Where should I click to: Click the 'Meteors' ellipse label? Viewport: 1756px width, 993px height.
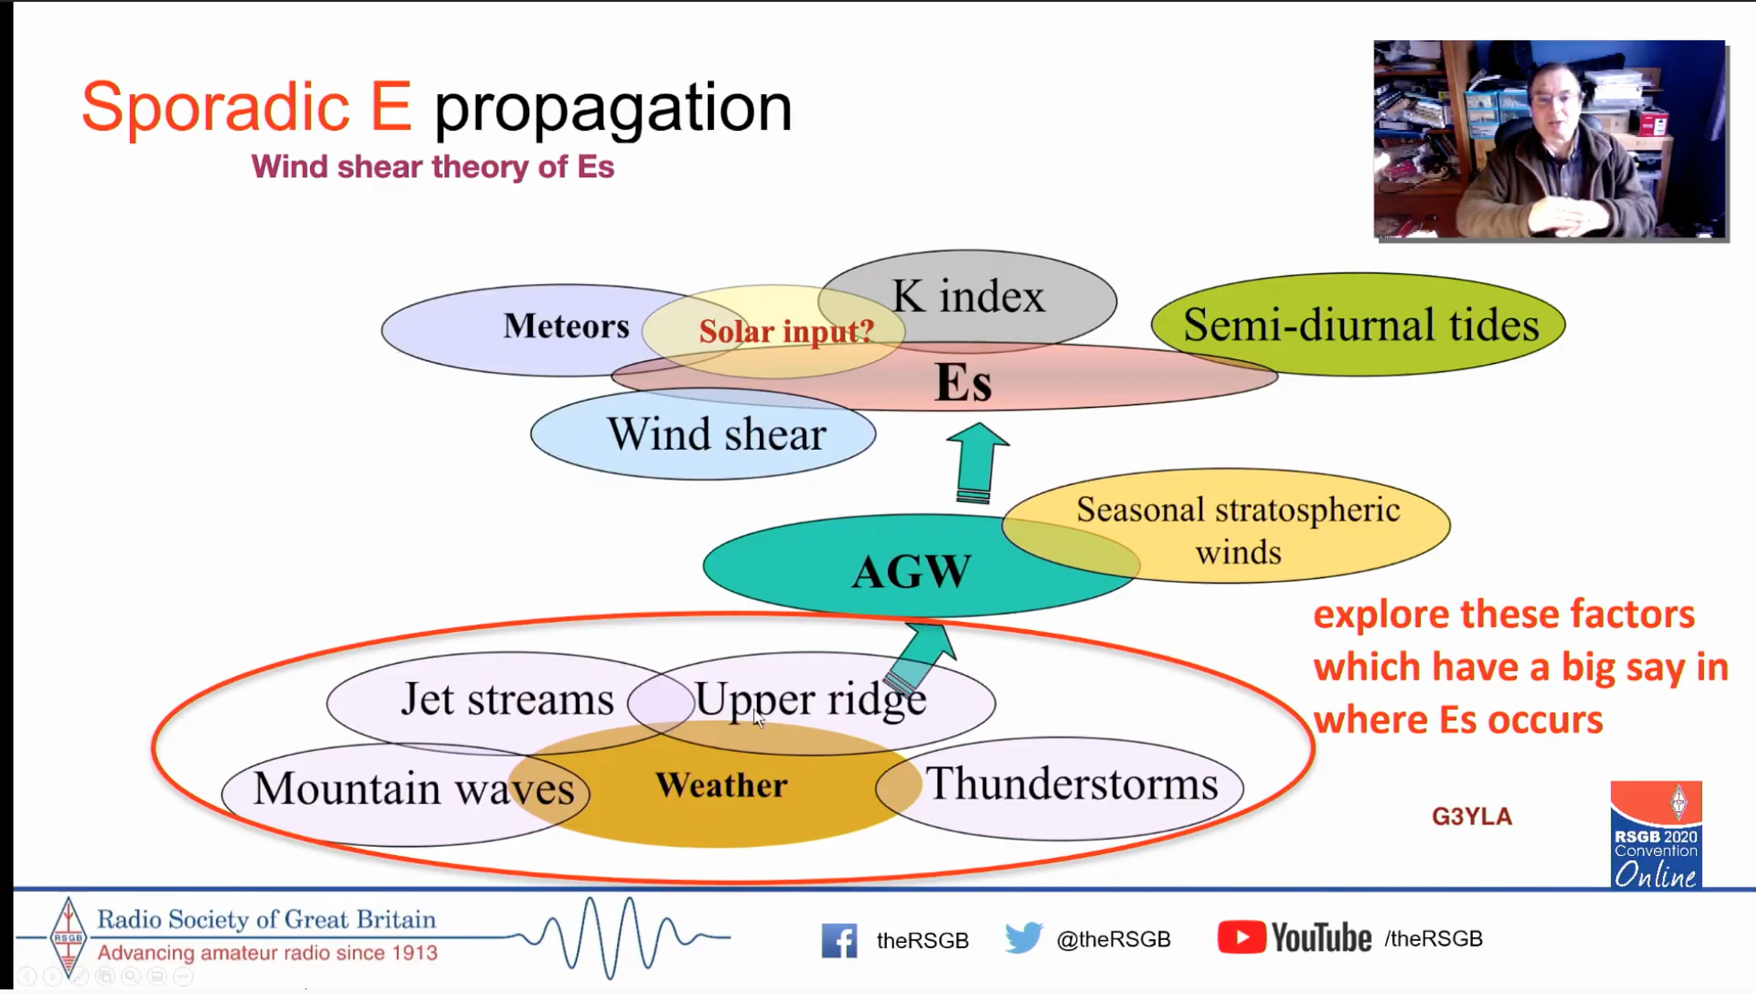566,326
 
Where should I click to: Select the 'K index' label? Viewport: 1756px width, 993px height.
968,296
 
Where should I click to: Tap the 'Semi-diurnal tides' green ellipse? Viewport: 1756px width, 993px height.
1358,324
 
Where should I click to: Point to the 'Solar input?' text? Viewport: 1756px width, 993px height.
786,332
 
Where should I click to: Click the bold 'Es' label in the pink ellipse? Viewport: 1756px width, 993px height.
963,382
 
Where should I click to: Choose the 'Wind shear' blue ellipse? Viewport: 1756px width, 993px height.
703,435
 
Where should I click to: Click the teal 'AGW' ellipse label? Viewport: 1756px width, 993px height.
911,571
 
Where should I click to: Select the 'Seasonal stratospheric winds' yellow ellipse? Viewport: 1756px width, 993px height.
1226,526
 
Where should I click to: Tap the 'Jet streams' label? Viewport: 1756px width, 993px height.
507,699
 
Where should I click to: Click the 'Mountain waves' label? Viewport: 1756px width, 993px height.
413,789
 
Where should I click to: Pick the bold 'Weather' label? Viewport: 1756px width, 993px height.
721,785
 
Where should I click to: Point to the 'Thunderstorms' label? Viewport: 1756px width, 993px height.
1072,783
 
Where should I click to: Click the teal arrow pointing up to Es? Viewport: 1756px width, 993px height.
977,462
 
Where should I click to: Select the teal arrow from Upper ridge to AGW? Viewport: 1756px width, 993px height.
920,659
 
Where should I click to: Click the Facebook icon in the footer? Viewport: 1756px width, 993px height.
839,940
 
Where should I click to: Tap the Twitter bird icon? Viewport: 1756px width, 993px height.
1023,937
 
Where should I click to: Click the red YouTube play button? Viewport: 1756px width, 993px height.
1242,937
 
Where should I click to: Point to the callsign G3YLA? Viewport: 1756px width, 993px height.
1472,816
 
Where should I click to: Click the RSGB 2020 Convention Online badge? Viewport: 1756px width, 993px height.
1657,834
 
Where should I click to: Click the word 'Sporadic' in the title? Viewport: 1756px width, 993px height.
216,107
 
